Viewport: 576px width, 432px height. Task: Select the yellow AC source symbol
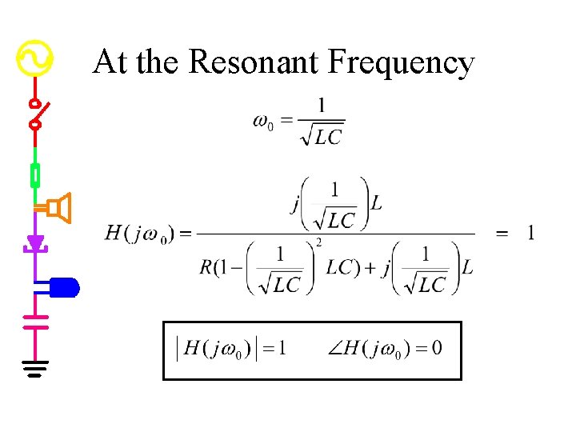(35, 58)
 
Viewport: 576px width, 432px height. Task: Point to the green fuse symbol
(35, 174)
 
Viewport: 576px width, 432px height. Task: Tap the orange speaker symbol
(58, 209)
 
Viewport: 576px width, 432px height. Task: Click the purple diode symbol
(35, 242)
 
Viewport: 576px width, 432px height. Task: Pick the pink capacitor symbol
(35, 321)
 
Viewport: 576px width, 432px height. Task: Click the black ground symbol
(35, 369)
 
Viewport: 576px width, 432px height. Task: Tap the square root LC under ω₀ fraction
(321, 136)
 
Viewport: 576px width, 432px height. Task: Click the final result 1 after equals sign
(530, 233)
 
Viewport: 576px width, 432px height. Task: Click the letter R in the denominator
(206, 267)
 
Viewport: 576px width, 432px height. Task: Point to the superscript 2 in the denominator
(318, 242)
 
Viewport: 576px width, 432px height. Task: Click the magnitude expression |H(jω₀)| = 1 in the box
(232, 348)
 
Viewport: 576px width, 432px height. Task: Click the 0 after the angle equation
(436, 348)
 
